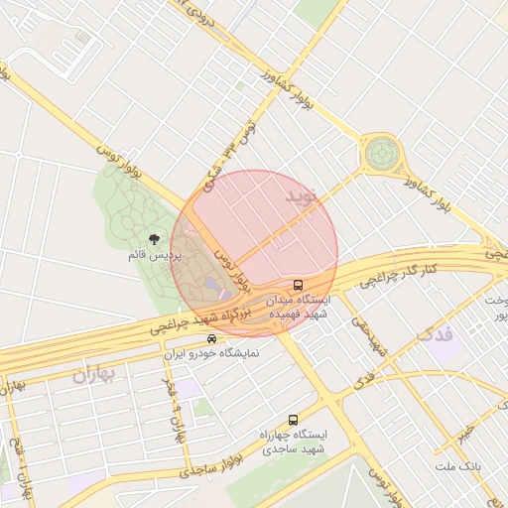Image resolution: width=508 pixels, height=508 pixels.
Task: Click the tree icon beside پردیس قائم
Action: point(154,239)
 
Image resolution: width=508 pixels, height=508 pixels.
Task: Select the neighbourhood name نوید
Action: point(305,194)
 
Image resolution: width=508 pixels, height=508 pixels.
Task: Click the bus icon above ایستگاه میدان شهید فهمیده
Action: point(300,285)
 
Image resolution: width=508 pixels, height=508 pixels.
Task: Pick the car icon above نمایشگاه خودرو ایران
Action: point(211,337)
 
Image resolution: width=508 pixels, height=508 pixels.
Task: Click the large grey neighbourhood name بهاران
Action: point(95,374)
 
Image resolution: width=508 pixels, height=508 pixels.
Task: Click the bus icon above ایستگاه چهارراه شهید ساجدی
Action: point(292,420)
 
